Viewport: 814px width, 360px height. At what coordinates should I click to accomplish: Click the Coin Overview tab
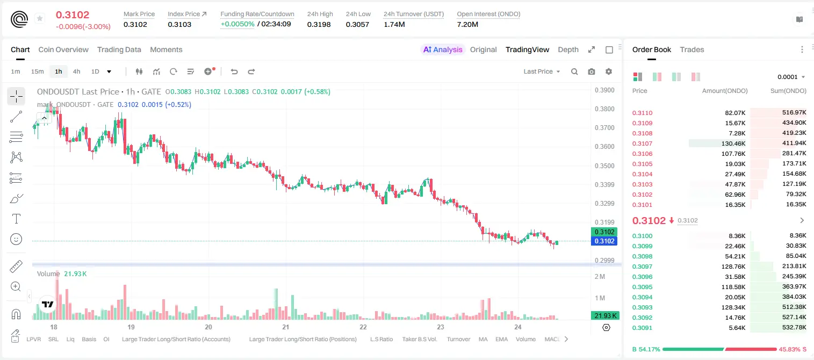63,49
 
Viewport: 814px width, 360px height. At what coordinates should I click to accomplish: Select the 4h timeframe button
76,71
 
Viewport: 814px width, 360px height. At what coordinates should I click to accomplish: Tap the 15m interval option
38,71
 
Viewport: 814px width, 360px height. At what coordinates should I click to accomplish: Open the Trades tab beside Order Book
692,49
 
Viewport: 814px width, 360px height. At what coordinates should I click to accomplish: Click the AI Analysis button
443,49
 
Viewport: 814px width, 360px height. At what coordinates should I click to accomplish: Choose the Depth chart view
568,49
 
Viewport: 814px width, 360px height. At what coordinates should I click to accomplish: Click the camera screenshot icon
592,71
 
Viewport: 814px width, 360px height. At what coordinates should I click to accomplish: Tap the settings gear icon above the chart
609,71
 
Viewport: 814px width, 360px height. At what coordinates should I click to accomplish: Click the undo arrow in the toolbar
234,71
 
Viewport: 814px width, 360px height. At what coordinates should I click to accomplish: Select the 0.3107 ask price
642,143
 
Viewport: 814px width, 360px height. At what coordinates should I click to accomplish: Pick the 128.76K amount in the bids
733,267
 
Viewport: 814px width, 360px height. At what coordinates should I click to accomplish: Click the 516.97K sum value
794,113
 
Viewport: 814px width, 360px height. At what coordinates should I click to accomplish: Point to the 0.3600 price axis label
604,147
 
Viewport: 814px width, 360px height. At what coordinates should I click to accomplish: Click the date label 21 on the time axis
286,327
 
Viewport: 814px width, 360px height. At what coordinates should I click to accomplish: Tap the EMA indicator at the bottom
501,339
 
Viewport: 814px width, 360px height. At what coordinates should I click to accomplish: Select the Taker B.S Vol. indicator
420,339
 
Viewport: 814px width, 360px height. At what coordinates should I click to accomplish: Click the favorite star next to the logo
40,18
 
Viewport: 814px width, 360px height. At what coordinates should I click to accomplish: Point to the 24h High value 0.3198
319,24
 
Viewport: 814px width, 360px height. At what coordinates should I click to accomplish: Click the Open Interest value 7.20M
467,24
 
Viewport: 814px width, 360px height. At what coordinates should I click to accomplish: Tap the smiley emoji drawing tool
16,239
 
